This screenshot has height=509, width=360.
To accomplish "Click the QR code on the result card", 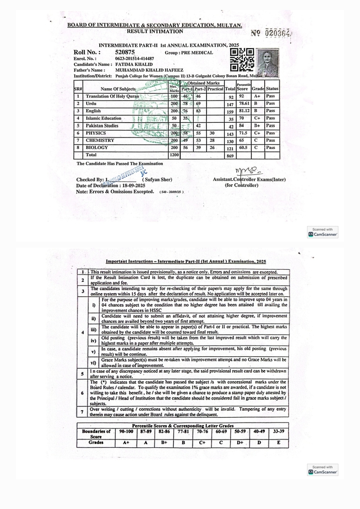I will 242,60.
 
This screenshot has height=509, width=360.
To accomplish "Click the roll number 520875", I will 125,52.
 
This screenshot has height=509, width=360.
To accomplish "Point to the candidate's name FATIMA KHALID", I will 134,64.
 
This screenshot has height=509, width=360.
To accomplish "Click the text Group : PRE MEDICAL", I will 189,53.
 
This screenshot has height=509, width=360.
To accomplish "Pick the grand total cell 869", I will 230,156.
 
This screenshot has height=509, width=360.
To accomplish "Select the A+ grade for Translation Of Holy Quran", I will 257,96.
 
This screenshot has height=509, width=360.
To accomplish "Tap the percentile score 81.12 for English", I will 244,111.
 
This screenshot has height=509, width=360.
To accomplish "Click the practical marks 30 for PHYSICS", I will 212,133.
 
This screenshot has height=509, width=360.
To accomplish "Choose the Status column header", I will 272,89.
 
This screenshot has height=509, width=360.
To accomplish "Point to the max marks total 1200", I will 174,155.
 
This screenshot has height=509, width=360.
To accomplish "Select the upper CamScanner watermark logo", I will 322,234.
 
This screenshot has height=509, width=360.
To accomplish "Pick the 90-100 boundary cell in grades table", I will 126,431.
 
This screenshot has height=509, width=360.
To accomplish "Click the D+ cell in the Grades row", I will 240,443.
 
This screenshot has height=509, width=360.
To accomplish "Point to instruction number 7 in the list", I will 82,412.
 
